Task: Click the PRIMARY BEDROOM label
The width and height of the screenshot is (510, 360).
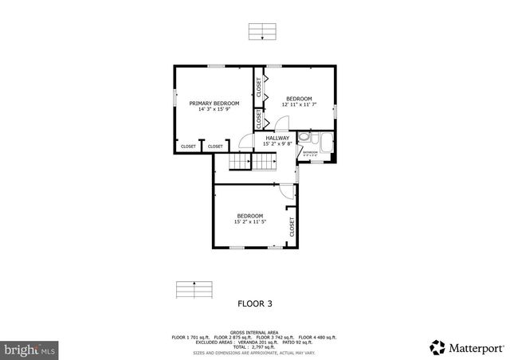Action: click(214, 103)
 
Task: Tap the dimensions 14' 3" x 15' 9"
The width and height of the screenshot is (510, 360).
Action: click(214, 109)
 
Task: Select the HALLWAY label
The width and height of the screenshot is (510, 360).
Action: click(277, 138)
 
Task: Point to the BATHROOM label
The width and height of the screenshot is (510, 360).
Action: click(309, 151)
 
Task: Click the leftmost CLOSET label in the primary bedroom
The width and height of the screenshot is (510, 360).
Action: click(189, 147)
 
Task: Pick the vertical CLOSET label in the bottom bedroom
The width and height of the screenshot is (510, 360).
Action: click(292, 227)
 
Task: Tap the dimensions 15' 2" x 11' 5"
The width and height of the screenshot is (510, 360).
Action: click(249, 222)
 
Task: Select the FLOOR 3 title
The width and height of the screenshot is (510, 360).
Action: click(255, 303)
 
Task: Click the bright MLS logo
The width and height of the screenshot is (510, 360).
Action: click(29, 349)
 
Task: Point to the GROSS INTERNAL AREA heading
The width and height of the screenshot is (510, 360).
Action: click(255, 331)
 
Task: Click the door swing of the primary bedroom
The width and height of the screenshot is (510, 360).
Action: click(242, 143)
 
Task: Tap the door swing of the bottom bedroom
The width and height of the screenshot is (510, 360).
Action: click(286, 191)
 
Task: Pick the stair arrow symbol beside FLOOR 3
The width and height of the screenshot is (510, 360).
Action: click(196, 289)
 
